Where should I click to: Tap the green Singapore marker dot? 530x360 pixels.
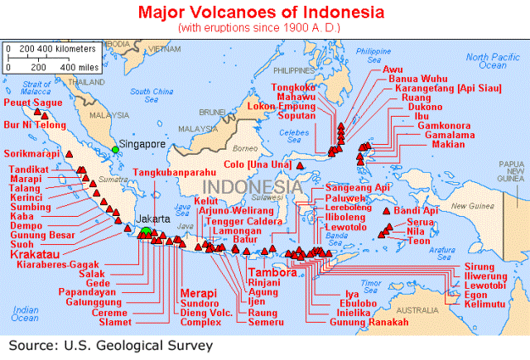(x=116, y=149)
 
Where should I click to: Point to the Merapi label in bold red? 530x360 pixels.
(x=199, y=294)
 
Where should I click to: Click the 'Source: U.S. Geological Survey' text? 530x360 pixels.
(x=112, y=344)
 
